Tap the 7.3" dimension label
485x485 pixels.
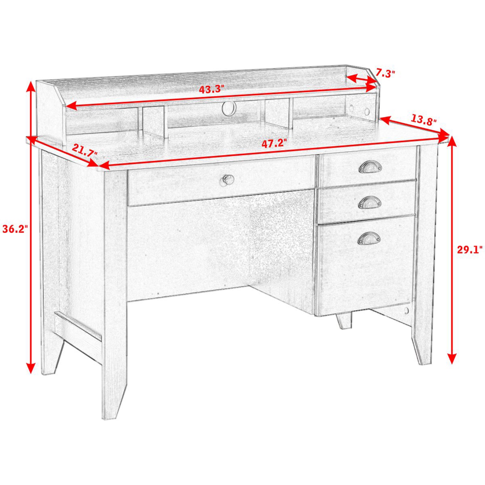pyautogui.click(x=386, y=74)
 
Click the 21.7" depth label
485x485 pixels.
pyautogui.click(x=84, y=151)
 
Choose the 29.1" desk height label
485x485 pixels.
pyautogui.click(x=469, y=249)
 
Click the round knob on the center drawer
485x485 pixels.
pyautogui.click(x=228, y=180)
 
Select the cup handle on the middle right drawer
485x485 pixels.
pyautogui.click(x=370, y=202)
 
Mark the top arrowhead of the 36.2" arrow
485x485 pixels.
pyautogui.click(x=30, y=86)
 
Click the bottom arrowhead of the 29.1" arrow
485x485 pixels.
pyautogui.click(x=452, y=359)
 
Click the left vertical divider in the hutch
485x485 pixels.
pyautogui.click(x=154, y=121)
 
